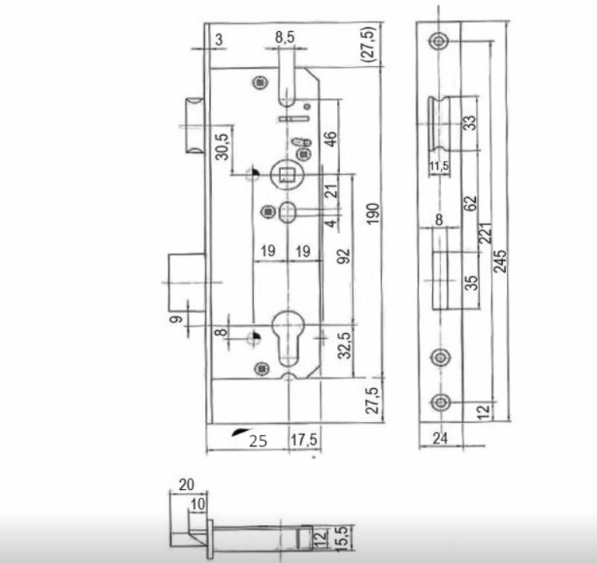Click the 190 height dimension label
(x=373, y=214)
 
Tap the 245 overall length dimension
(x=500, y=261)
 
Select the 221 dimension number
(x=485, y=233)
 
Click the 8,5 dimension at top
(x=285, y=37)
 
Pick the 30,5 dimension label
(x=222, y=147)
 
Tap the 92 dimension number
(x=343, y=256)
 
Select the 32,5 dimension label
(x=345, y=345)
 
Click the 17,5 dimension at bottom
(x=304, y=440)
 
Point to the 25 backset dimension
(x=259, y=441)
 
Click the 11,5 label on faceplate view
(x=439, y=166)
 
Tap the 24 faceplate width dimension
(x=440, y=439)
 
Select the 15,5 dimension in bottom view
(x=342, y=538)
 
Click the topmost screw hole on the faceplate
(x=439, y=40)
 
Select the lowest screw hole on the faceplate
(x=440, y=402)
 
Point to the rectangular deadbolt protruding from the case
(x=186, y=282)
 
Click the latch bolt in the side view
(x=439, y=123)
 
